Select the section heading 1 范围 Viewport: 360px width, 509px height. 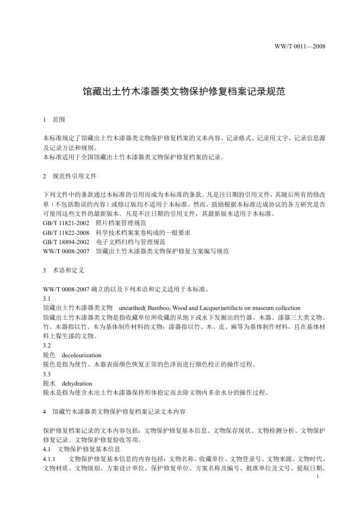54,119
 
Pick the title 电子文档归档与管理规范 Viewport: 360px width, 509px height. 131,241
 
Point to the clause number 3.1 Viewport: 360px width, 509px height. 46,299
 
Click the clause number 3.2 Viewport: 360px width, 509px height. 46,345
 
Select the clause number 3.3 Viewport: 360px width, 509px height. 46,374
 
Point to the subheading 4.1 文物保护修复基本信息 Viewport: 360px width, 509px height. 82,450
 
